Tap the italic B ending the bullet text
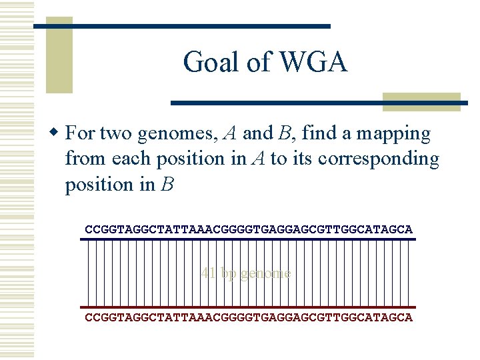(167, 185)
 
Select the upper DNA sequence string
(249, 229)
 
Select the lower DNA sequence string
(249, 317)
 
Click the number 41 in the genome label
(209, 273)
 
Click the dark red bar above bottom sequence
(249, 307)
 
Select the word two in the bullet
(117, 134)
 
